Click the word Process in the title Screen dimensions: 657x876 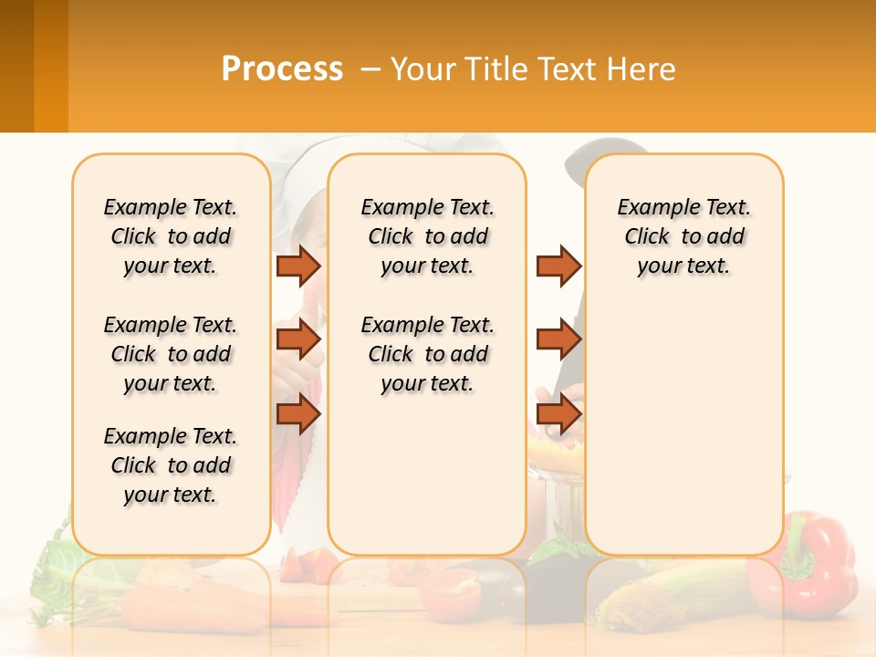282,70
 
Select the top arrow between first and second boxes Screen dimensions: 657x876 298,266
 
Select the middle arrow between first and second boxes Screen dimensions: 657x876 298,339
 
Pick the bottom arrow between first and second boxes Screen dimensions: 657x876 298,415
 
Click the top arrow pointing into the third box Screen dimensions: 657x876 558,266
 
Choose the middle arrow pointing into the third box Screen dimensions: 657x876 558,339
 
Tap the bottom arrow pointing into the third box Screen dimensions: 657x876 558,415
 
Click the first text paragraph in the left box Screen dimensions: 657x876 171,236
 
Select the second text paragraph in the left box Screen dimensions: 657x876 171,354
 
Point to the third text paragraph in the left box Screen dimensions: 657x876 171,465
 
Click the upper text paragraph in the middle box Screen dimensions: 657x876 427,236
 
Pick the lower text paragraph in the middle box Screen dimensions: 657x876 427,354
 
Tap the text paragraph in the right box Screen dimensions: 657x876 684,236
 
